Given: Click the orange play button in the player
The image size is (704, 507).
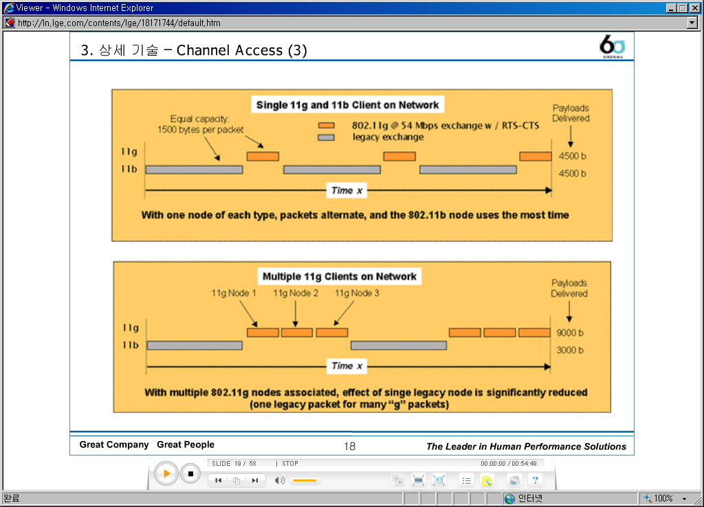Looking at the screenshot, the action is click(x=166, y=473).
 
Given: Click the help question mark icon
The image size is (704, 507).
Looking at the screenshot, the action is click(x=535, y=480).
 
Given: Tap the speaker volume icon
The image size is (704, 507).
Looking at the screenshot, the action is click(x=279, y=480).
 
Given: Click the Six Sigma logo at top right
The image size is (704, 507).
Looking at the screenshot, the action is click(x=612, y=46).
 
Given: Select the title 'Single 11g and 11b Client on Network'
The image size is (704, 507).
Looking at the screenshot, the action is click(x=347, y=105).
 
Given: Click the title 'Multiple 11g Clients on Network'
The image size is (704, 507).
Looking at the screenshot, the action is click(x=340, y=276).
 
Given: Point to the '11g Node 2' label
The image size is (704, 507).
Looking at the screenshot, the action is click(x=296, y=293).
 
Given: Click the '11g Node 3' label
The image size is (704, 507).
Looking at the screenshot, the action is click(x=357, y=293).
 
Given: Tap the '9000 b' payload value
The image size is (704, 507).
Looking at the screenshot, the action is click(x=570, y=333).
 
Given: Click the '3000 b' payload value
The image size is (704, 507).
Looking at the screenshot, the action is click(x=570, y=350).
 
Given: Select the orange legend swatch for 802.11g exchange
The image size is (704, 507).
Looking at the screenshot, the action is click(x=327, y=126).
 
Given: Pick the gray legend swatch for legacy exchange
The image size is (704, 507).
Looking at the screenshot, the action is click(x=327, y=137).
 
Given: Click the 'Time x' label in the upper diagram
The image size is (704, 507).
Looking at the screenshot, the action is click(x=346, y=191).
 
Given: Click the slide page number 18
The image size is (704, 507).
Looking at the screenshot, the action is click(x=350, y=446).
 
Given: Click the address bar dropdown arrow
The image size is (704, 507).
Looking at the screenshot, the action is click(x=692, y=23).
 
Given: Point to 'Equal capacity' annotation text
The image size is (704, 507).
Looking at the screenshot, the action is click(x=200, y=119).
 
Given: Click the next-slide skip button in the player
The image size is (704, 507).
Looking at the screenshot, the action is click(x=255, y=480).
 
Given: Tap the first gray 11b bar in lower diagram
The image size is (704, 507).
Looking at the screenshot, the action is click(x=195, y=346).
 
